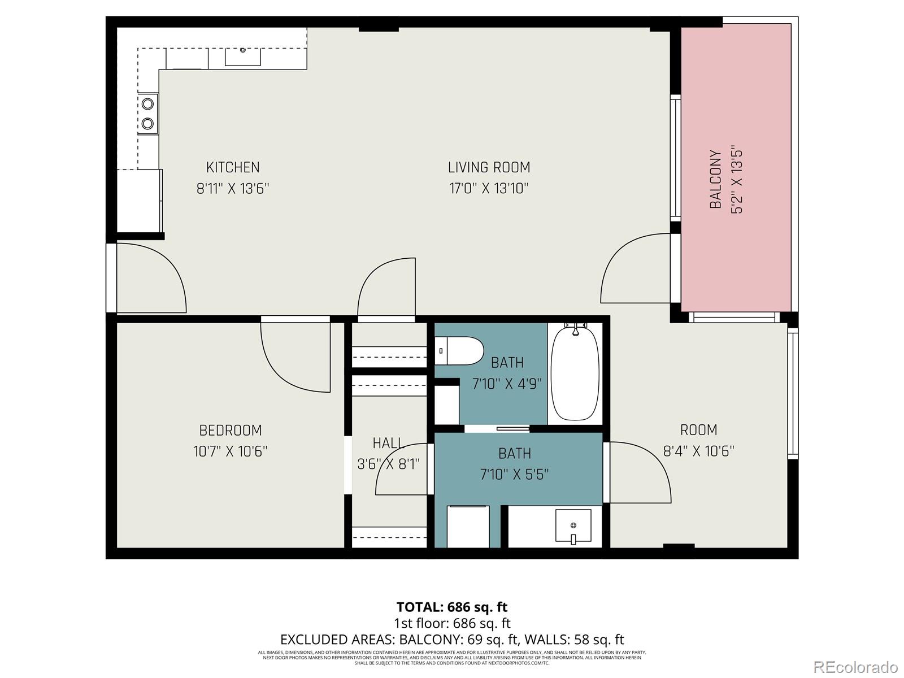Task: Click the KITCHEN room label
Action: pos(233,167)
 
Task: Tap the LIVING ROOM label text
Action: pos(489,167)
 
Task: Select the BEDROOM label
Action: pos(231,431)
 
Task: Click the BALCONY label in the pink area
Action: pos(715,179)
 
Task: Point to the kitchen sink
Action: pos(243,56)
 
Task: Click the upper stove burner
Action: pos(148,104)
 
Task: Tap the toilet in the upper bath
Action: pos(459,351)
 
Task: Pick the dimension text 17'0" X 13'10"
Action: pos(489,188)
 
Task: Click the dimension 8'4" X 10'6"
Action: pos(698,451)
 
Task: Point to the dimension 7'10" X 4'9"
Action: pos(507,384)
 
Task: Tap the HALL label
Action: pos(388,443)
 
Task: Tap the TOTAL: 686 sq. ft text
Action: pos(452,607)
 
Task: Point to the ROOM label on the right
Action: pos(698,430)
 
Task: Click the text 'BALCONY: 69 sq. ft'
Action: pos(458,640)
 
